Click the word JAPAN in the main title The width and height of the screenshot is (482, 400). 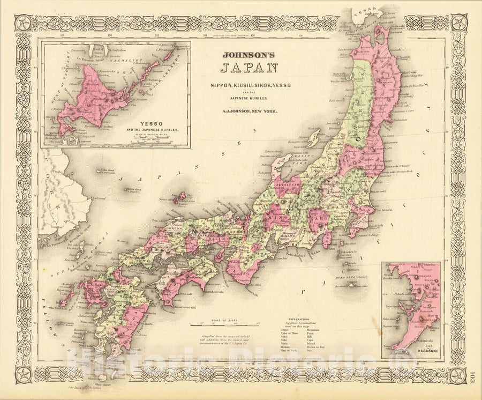pos(249,68)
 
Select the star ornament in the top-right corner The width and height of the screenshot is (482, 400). pos(459,23)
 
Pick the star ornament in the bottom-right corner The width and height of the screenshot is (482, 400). pos(459,375)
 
